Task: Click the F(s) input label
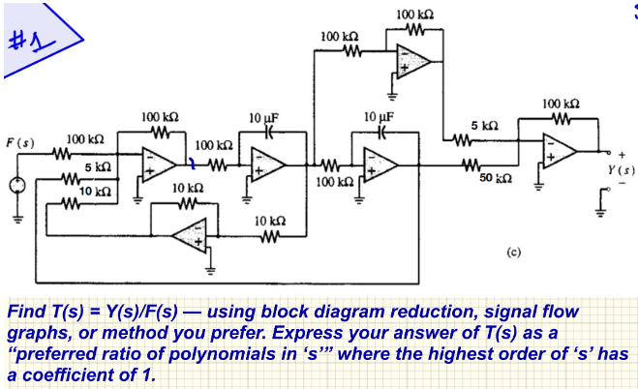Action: pos(19,142)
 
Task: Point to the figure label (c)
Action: pos(514,251)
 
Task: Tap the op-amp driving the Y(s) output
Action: pos(561,150)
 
